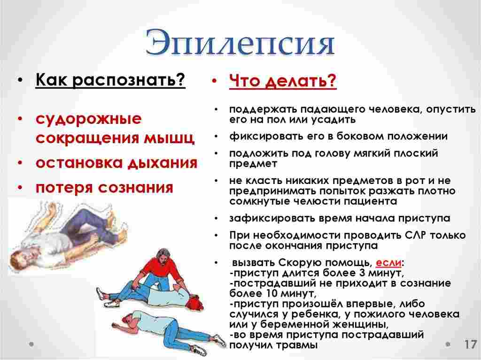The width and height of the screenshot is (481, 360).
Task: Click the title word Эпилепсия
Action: (240, 44)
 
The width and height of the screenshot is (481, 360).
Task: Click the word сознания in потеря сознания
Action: (136, 187)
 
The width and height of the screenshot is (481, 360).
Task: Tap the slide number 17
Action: (470, 344)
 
